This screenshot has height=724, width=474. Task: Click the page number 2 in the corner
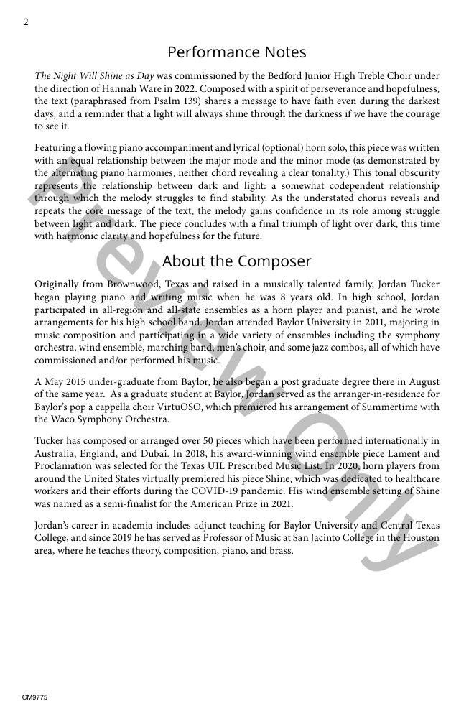[26, 22]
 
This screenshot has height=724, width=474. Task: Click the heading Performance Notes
[236, 52]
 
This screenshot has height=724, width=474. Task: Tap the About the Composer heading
[236, 261]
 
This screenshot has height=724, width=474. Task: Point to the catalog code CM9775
[34, 697]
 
